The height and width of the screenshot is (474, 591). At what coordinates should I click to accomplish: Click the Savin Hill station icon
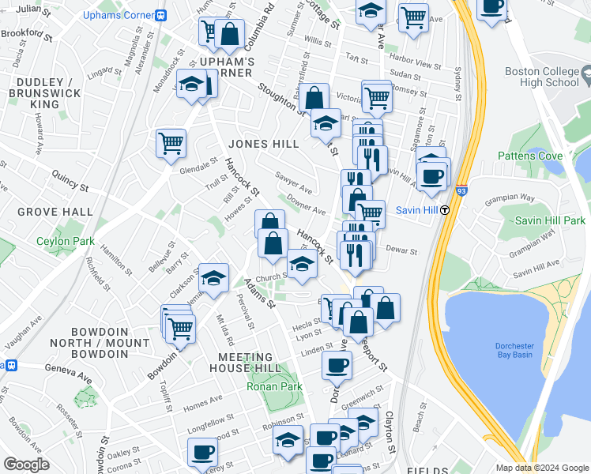tap(446, 210)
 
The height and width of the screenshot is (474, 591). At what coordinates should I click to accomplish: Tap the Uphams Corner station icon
tap(161, 15)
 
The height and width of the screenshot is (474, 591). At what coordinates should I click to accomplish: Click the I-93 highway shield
tap(461, 190)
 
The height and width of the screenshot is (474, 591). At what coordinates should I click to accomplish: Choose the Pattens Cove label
tap(529, 156)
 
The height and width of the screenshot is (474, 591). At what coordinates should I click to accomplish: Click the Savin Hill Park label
tap(550, 220)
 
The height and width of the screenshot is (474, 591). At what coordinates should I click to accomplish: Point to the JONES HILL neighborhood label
tap(264, 144)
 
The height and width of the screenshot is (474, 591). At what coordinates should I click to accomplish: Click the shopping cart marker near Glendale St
tap(171, 143)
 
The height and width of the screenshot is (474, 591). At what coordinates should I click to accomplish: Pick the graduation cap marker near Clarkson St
tap(213, 277)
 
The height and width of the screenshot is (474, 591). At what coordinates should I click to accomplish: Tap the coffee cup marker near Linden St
tap(337, 365)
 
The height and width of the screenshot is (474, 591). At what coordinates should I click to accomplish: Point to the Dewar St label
tap(401, 250)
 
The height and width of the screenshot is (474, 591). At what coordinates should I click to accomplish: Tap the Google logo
tap(27, 465)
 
